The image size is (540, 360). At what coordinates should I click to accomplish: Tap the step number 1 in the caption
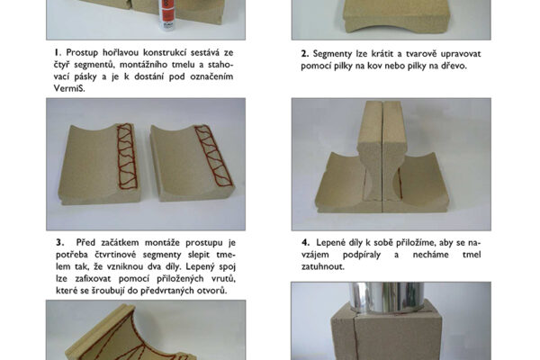tap(57, 52)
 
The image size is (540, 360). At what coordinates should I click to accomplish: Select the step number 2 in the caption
tap(304, 54)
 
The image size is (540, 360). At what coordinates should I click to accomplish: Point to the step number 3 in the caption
tap(60, 242)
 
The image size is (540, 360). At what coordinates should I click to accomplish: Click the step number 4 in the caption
tap(305, 242)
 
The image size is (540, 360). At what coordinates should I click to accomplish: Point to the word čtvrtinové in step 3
tap(115, 255)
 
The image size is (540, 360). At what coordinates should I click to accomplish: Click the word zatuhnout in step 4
tap(322, 266)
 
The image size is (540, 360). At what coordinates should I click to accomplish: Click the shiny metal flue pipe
tap(386, 297)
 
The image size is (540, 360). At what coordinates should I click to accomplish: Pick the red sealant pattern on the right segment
tap(213, 156)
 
